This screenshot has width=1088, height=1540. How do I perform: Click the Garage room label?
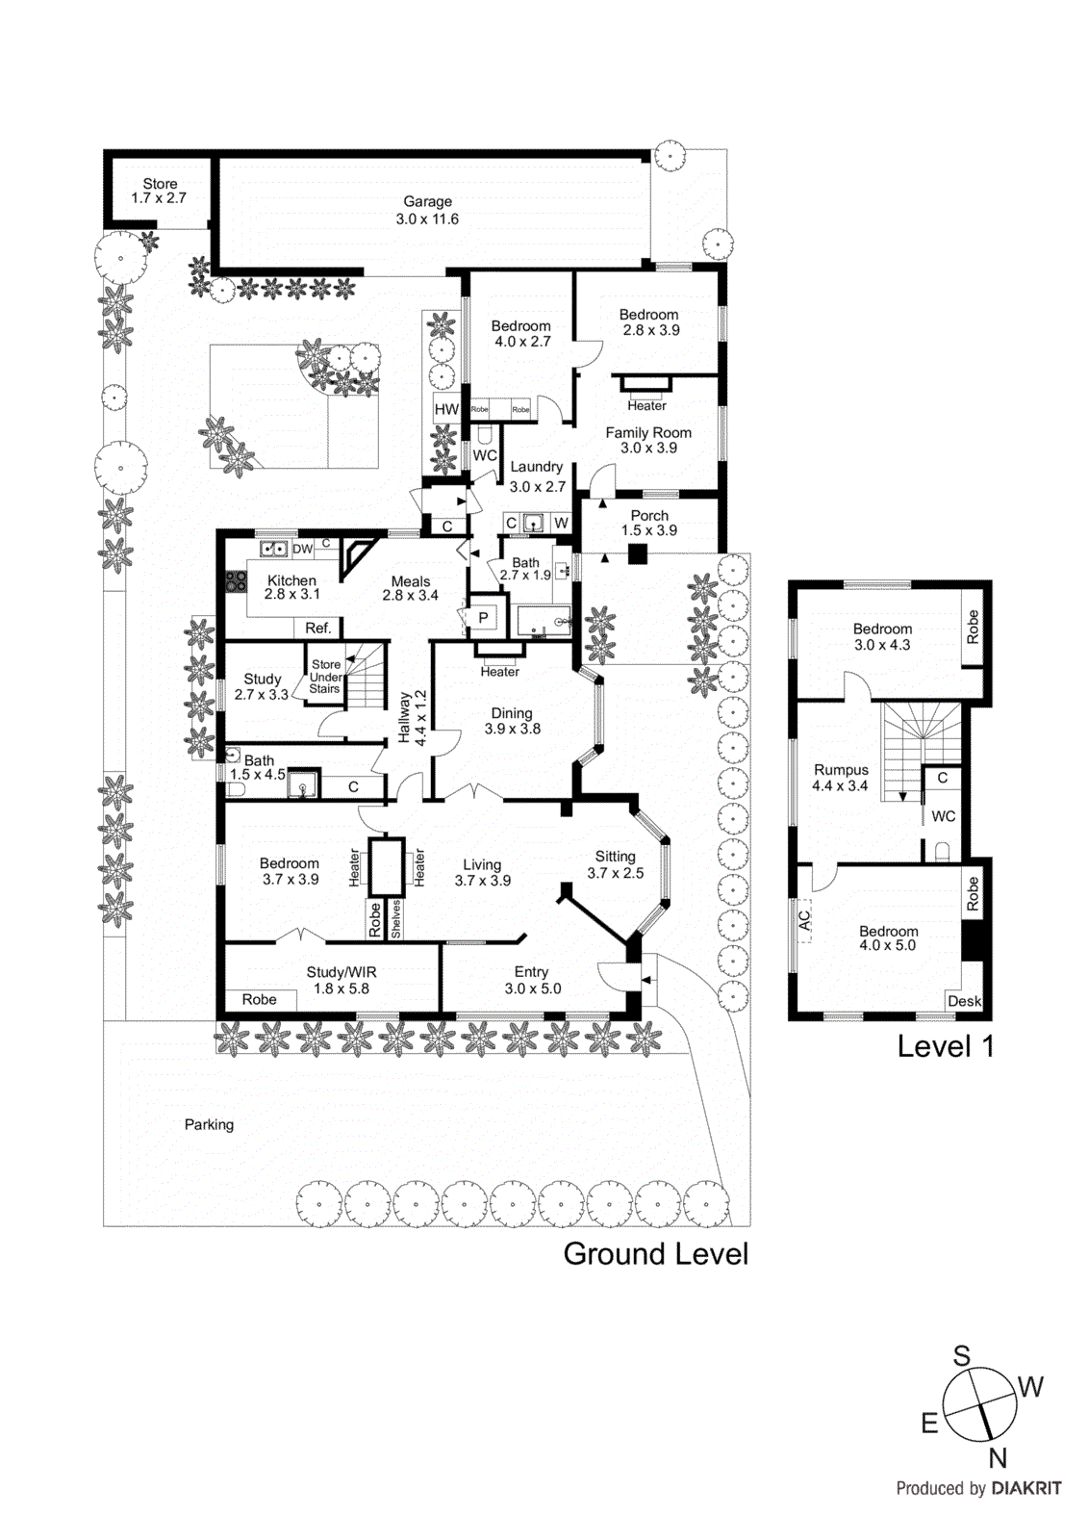click(x=427, y=210)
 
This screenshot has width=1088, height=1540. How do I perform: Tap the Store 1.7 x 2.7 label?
click(x=160, y=191)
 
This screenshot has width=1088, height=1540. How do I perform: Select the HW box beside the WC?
click(x=446, y=409)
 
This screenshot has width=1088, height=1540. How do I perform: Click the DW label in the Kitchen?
click(x=302, y=549)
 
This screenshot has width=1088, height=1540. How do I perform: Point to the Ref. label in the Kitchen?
click(x=317, y=628)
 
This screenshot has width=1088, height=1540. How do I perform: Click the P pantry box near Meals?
click(x=483, y=618)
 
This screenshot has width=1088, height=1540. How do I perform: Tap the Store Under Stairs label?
click(x=325, y=677)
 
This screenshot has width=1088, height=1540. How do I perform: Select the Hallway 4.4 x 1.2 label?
click(x=412, y=717)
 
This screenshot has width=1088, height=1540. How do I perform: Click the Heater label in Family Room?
click(x=646, y=405)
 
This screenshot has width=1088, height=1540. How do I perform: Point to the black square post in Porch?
click(x=637, y=553)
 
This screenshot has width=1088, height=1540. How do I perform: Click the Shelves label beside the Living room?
click(x=395, y=919)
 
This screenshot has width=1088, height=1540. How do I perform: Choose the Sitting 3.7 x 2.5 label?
click(x=615, y=864)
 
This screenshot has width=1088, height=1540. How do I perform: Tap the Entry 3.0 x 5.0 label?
click(x=532, y=980)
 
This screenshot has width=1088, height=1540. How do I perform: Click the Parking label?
click(x=209, y=1124)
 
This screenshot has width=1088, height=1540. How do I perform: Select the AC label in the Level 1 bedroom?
click(x=805, y=920)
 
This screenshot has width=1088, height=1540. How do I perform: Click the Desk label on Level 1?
click(x=964, y=1001)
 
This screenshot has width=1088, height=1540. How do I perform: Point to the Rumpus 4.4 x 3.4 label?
click(x=841, y=778)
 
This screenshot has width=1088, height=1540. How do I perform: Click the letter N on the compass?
click(x=998, y=1458)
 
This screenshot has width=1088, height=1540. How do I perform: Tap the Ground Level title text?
click(x=655, y=1253)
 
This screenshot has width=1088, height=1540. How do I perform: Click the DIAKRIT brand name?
click(x=1025, y=1488)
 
